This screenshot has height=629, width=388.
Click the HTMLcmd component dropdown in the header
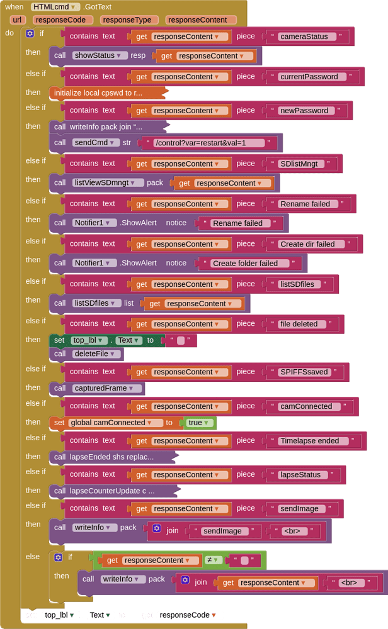coord(55,7)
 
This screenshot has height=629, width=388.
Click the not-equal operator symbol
coord(209,560)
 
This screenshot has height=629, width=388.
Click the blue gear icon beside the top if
coord(30,33)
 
